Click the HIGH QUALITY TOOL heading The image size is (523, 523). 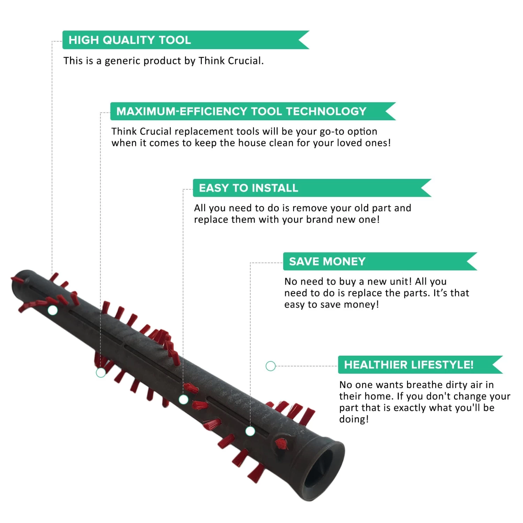tap(130, 40)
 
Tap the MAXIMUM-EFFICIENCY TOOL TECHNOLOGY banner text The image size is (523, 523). tap(241, 111)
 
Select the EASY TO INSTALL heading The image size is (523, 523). tap(249, 188)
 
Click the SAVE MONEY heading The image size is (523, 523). tap(327, 261)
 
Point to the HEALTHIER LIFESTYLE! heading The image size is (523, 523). tap(409, 365)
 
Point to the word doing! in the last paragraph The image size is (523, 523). tap(354, 419)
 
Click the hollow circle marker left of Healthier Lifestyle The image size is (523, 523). tap(271, 366)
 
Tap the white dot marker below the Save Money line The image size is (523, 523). tap(250, 431)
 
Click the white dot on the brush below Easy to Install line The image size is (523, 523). tap(183, 400)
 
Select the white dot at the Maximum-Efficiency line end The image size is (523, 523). tap(101, 373)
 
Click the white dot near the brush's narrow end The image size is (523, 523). tap(53, 310)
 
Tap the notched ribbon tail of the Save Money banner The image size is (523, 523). tap(472, 261)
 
